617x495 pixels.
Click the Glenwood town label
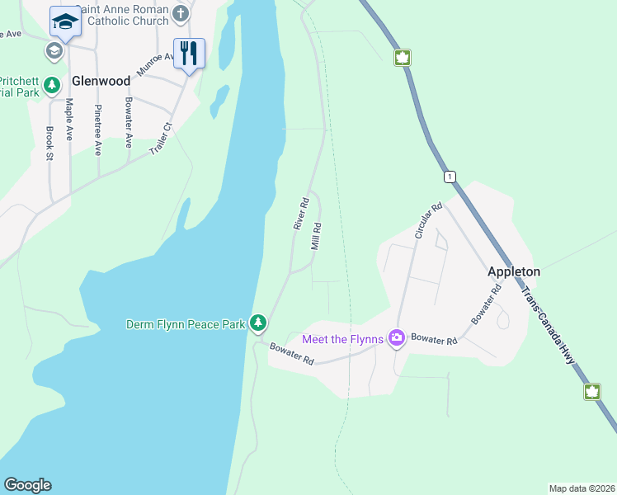click(x=101, y=81)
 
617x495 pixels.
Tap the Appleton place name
click(x=514, y=271)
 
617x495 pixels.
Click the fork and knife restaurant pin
click(x=189, y=54)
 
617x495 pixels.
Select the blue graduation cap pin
click(x=64, y=21)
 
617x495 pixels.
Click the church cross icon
click(x=182, y=14)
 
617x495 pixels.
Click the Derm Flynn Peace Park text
click(x=185, y=324)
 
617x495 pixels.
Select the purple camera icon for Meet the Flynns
click(x=397, y=338)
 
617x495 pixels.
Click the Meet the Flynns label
click(x=343, y=338)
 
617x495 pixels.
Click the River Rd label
click(x=300, y=213)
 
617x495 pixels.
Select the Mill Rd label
click(x=316, y=236)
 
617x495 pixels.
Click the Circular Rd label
click(x=429, y=220)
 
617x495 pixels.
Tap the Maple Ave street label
click(x=69, y=120)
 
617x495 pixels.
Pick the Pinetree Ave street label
click(x=98, y=130)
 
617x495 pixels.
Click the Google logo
click(x=28, y=485)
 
